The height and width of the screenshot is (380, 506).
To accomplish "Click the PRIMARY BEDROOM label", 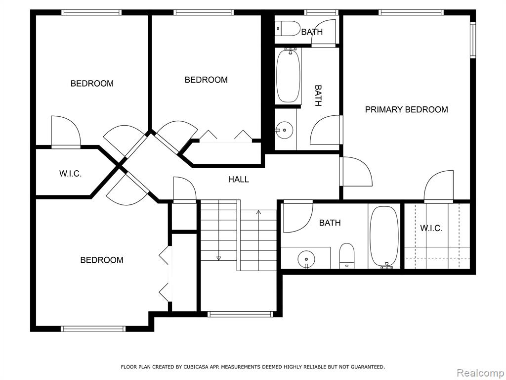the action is tap(406, 109).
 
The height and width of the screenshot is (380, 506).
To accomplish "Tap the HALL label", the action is tap(239, 179).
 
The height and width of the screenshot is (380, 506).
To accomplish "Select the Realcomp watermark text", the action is tap(481, 373).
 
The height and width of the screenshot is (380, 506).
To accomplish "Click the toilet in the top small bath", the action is tap(288, 28).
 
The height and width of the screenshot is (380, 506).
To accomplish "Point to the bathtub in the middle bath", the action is tap(288, 76).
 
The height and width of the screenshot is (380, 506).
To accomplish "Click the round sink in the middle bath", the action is tap(284, 130).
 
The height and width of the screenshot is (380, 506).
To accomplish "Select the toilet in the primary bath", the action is tap(347, 256).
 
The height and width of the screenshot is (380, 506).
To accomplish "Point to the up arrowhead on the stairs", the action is tap(258, 212).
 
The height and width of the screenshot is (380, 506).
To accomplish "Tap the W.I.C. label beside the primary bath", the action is tap(431, 229).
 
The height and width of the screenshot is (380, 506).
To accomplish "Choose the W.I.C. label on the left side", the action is tap(70, 174).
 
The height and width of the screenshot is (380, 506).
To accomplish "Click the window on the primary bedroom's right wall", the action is tap(473, 40).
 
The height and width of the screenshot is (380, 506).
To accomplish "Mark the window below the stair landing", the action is tap(241, 314).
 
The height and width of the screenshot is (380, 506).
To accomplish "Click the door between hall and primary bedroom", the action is tap(356, 172).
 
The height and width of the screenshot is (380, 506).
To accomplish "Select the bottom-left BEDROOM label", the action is tap(102, 260).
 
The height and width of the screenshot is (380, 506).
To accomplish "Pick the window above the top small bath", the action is tap(321, 12).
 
